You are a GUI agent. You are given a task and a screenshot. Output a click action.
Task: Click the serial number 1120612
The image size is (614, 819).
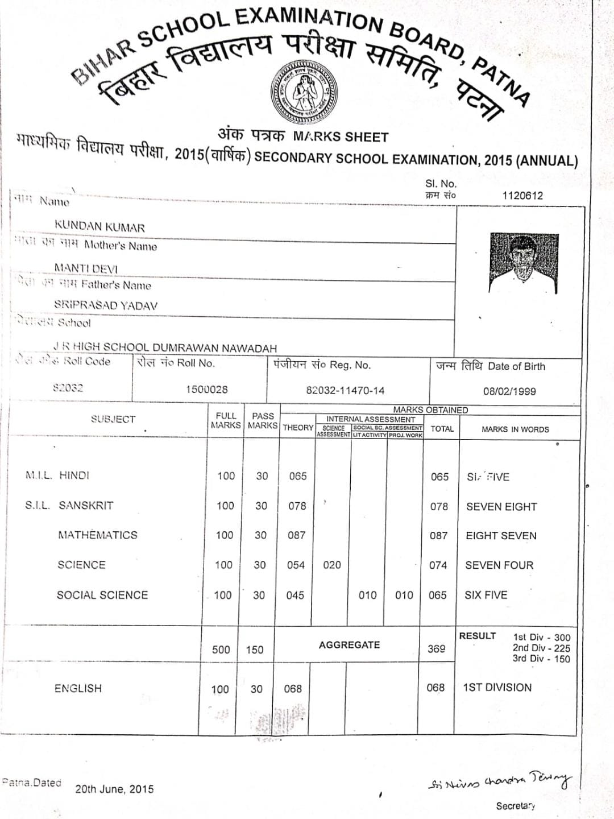click(x=522, y=195)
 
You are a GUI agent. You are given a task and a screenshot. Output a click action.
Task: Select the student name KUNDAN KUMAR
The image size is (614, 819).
click(x=99, y=226)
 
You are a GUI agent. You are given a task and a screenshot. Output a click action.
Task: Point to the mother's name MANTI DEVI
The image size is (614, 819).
click(x=86, y=267)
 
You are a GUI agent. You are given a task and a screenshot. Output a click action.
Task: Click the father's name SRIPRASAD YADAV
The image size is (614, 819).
click(x=106, y=305)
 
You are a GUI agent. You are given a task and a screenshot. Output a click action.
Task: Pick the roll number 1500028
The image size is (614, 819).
click(x=207, y=390)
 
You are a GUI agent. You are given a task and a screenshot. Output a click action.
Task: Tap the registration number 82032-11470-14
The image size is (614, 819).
click(x=345, y=391)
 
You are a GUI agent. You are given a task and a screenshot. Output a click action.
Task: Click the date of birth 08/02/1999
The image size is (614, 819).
click(x=509, y=391)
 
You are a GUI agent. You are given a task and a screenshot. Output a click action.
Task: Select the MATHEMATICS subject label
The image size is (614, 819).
click(x=98, y=535)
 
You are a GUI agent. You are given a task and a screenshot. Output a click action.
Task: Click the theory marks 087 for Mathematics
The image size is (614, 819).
click(x=296, y=535)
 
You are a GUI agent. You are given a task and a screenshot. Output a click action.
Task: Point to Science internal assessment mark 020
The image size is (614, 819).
click(x=332, y=565)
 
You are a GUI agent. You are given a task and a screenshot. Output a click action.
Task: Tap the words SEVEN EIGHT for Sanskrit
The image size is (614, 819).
click(x=501, y=506)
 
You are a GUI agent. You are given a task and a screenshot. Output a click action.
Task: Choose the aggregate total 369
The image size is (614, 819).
click(x=436, y=648)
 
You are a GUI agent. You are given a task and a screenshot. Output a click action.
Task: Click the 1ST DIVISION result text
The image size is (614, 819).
click(x=497, y=688)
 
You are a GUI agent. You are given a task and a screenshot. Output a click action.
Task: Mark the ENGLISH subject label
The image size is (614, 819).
click(x=78, y=688)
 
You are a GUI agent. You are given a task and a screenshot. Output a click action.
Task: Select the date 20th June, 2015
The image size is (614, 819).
click(x=114, y=789)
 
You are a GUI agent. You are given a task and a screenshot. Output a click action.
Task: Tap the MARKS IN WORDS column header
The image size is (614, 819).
click(x=515, y=429)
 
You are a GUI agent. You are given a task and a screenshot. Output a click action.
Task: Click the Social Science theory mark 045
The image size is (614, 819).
click(x=295, y=595)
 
